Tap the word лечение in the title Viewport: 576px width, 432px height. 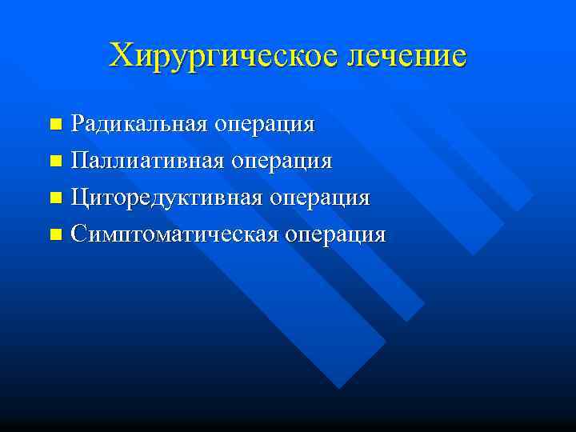(x=406, y=56)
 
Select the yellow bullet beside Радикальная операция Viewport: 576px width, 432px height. (x=55, y=125)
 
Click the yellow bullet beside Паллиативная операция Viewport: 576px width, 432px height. (x=55, y=162)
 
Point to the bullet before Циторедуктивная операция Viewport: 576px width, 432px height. (x=55, y=198)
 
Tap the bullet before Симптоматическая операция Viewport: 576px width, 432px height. (x=55, y=235)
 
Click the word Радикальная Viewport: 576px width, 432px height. (x=141, y=124)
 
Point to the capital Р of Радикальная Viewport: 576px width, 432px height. (x=78, y=124)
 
